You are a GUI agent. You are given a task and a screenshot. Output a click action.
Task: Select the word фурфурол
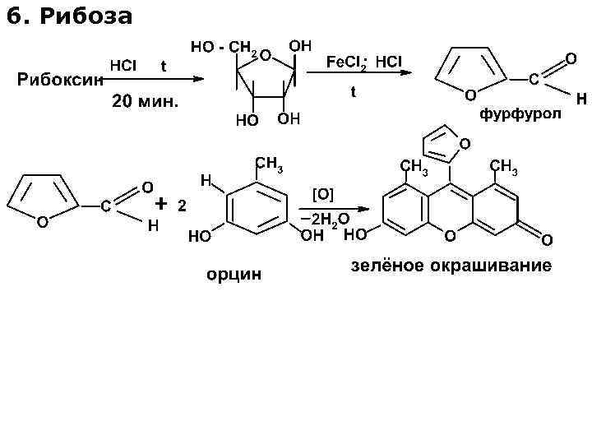(520, 113)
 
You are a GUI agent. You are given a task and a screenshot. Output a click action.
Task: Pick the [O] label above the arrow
(323, 194)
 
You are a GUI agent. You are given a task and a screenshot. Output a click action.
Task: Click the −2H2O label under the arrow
(326, 220)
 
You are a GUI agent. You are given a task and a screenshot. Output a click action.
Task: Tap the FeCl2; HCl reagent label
(364, 62)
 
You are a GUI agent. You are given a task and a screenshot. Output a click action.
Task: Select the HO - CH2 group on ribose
(225, 48)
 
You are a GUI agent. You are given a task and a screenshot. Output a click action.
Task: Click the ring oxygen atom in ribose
(266, 56)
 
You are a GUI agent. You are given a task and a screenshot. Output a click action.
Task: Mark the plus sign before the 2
(161, 202)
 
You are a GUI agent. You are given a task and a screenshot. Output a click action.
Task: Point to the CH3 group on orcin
(269, 163)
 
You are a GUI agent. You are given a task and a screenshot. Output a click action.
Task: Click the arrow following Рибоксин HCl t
(173, 79)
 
